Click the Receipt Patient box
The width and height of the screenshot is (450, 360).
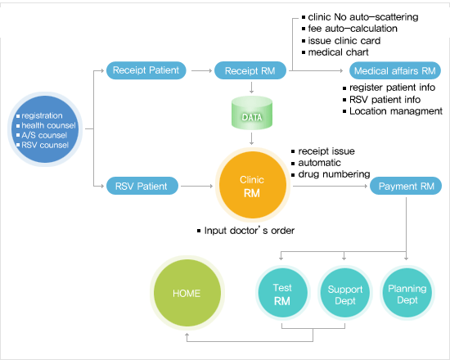pos(146,70)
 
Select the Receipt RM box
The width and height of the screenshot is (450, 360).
pos(250,70)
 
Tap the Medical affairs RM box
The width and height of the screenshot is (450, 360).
pos(395,70)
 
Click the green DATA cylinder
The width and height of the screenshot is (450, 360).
pos(252,113)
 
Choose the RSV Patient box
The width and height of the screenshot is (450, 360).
pos(142,186)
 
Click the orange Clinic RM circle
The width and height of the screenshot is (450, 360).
pos(253,185)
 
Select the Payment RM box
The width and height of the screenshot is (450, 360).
pos(406,186)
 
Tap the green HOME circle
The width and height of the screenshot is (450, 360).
pos(187,293)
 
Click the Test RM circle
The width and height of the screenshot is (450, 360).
pos(283,293)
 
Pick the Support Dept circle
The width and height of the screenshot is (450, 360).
pos(345,293)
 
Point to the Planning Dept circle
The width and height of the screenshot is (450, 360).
pos(407,293)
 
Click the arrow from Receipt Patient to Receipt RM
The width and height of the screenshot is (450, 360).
pos(201,70)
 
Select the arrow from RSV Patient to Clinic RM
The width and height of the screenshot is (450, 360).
pos(197,186)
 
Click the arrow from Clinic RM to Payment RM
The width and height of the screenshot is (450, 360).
pos(330,186)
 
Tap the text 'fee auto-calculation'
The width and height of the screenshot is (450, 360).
pos(353,29)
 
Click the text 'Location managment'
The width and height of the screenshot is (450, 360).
pos(396,111)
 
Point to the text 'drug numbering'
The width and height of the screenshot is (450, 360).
pos(334,174)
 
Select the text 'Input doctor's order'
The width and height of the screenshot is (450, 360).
pos(249,231)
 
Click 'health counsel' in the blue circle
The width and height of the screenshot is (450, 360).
pos(48,125)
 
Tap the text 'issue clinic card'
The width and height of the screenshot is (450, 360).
pos(344,41)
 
